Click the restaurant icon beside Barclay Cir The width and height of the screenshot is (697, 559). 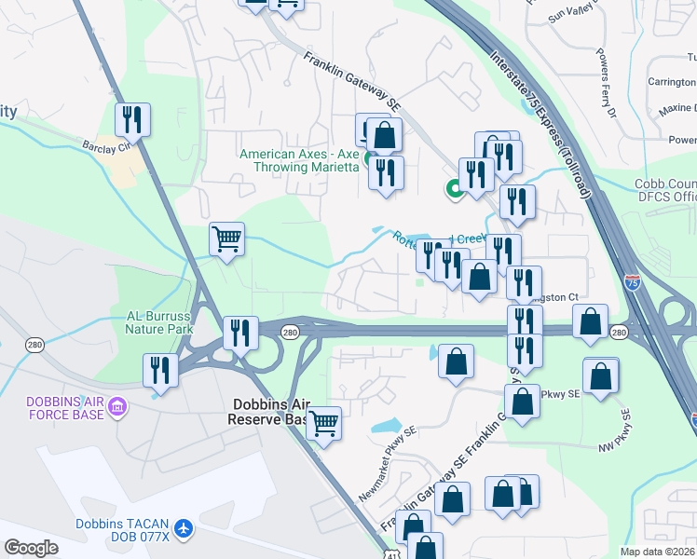click(x=132, y=118)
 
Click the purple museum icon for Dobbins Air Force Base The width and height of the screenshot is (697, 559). click(x=117, y=405)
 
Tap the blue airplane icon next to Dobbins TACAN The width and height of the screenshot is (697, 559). click(x=184, y=528)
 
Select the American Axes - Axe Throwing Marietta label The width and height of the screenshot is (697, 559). click(x=299, y=160)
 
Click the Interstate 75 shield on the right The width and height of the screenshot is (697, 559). click(x=633, y=286)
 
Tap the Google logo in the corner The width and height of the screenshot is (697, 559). click(x=31, y=548)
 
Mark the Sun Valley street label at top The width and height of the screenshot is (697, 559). click(x=570, y=12)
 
